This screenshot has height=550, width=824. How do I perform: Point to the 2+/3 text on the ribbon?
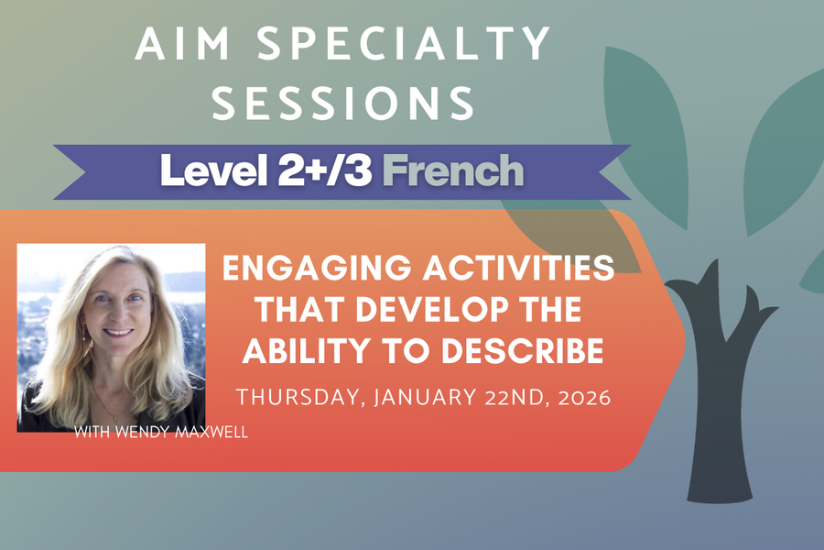point(327,170)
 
